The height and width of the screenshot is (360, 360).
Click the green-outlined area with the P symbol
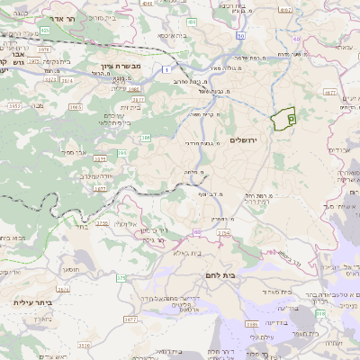pyautogui.click(x=285, y=118)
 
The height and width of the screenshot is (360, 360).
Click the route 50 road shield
pyautogui.click(x=241, y=35)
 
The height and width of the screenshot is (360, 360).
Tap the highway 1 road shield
pyautogui.click(x=166, y=68)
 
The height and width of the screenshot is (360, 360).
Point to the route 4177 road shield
pyautogui.click(x=329, y=92)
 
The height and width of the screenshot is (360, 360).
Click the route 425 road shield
pyautogui.click(x=45, y=29)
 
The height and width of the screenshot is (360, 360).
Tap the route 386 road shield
pyautogui.click(x=146, y=138)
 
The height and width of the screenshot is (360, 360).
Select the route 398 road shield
pyautogui.click(x=321, y=312)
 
